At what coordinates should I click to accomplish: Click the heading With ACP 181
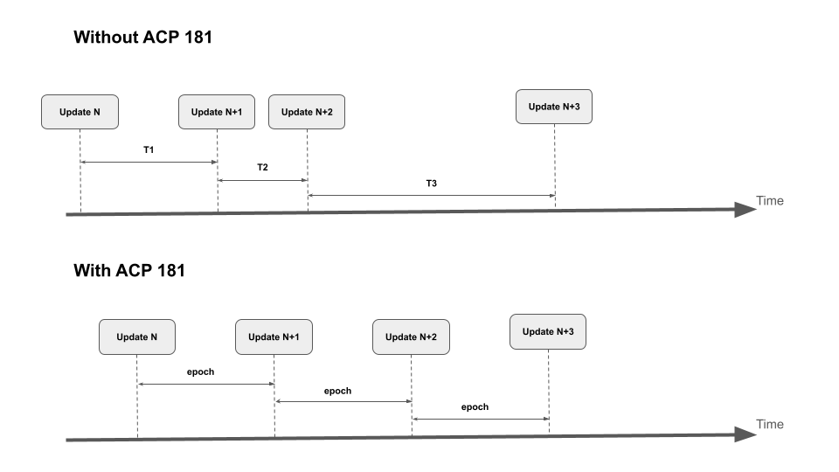(129, 270)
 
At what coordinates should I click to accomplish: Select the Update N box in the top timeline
(80, 112)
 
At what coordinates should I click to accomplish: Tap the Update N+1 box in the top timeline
(217, 112)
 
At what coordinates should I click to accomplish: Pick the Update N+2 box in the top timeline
(307, 112)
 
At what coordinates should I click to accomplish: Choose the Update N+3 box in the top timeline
(554, 107)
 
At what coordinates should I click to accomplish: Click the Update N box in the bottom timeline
(137, 337)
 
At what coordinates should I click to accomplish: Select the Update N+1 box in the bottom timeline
(274, 337)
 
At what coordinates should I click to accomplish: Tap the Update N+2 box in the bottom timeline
(411, 337)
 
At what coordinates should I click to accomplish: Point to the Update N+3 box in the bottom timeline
(548, 331)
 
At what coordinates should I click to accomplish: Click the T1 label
(149, 150)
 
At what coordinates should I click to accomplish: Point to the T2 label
(262, 167)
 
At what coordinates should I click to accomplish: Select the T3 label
(431, 184)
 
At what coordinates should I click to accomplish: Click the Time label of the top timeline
(770, 201)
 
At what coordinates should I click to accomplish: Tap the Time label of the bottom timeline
(770, 425)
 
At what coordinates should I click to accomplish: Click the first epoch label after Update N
(201, 371)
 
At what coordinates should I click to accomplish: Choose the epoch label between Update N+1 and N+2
(337, 391)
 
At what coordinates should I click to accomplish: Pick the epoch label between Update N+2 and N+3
(475, 407)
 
